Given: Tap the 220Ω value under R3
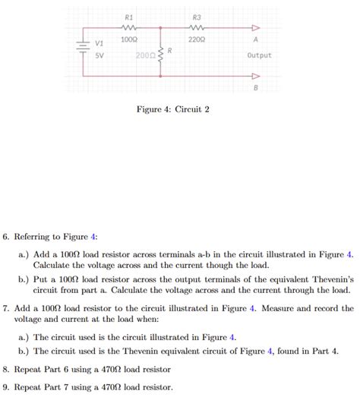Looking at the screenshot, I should (x=197, y=39).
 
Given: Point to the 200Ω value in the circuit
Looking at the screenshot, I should (x=145, y=56).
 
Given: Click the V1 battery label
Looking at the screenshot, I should (x=98, y=43).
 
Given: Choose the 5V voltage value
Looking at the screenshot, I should (x=98, y=55).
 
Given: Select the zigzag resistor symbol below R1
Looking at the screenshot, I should (x=128, y=28).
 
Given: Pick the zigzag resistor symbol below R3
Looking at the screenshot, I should (x=197, y=28).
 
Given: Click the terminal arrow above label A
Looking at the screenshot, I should (x=255, y=29).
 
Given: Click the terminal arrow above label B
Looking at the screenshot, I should (x=255, y=77).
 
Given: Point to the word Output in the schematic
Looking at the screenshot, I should (x=259, y=55).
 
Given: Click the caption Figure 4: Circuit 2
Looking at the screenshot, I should (x=172, y=110).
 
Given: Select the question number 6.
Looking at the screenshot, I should (x=6, y=237).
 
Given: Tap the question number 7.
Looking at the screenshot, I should (x=6, y=309).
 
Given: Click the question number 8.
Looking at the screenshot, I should (x=6, y=369).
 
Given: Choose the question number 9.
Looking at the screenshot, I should (x=6, y=386).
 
